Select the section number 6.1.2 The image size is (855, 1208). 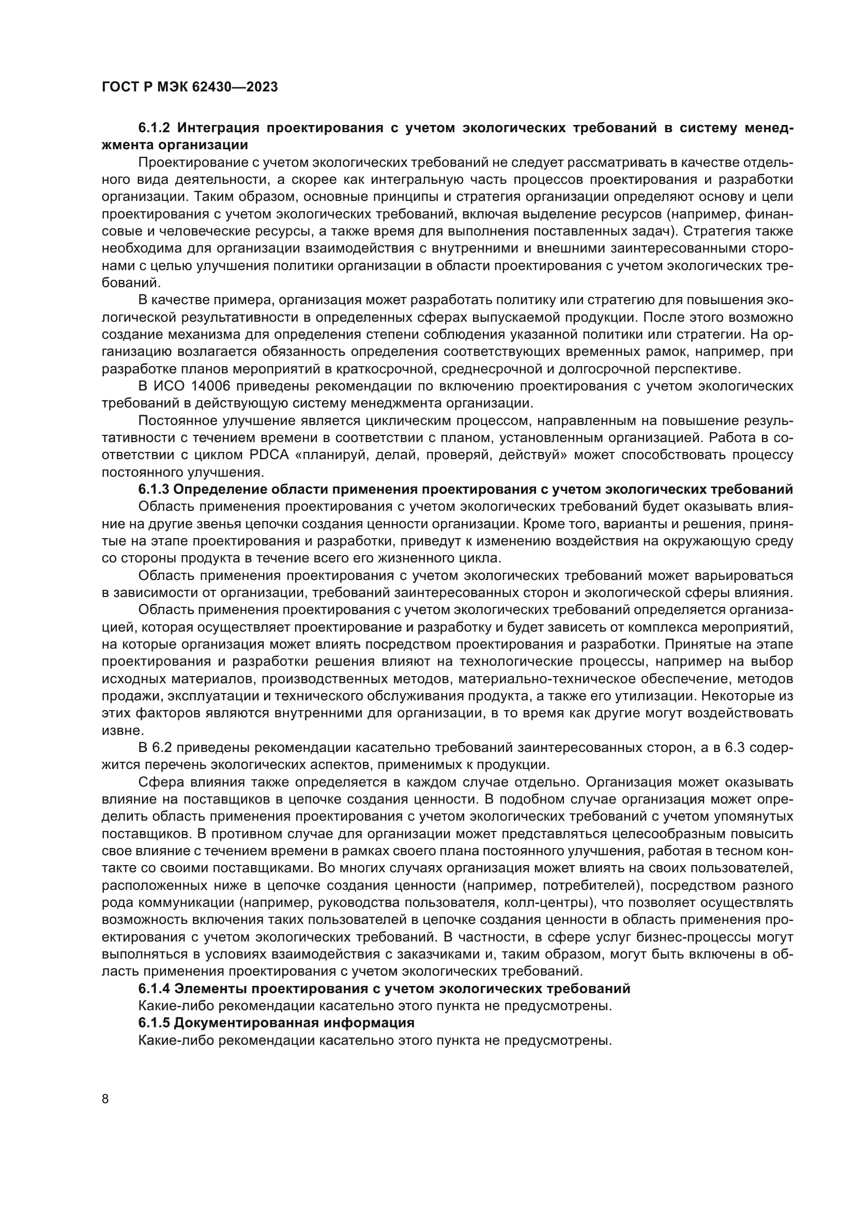154,128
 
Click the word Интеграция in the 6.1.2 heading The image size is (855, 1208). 218,128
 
